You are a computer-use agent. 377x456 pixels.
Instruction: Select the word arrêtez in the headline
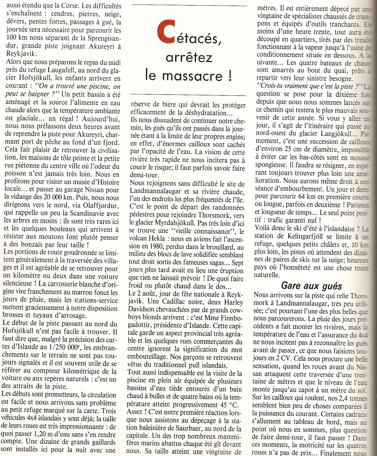[189, 57]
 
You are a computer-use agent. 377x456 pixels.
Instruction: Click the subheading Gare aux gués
[311, 286]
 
